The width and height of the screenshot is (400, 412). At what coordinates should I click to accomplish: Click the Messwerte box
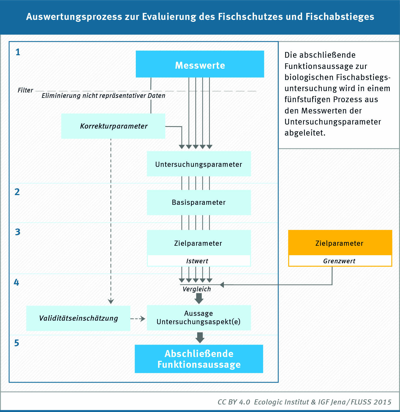(200, 64)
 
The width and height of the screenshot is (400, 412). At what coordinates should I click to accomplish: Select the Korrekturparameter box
(113, 126)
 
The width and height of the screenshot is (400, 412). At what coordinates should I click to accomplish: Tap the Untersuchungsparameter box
(199, 164)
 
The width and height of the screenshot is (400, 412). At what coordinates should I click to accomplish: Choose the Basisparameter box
(199, 202)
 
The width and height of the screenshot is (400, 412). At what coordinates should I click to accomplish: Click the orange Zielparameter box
(340, 243)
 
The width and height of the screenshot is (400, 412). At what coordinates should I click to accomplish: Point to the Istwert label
(197, 261)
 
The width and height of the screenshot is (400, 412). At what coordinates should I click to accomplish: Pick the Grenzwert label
(339, 261)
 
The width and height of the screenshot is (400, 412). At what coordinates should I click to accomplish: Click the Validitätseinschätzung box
(78, 318)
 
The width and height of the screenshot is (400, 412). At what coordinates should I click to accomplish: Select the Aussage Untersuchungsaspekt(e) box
(199, 318)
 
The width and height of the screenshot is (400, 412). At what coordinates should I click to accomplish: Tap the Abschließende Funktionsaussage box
(199, 359)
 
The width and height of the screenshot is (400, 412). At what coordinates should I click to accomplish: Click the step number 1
(18, 52)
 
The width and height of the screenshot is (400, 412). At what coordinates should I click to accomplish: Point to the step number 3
(18, 232)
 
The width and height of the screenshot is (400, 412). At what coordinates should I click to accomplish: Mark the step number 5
(17, 343)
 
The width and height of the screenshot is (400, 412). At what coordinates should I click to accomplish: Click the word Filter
(25, 90)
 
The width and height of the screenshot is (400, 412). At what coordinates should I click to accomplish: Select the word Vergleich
(197, 289)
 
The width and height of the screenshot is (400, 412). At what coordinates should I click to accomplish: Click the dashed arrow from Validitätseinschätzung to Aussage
(138, 319)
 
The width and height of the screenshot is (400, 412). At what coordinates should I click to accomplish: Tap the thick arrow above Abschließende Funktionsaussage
(200, 338)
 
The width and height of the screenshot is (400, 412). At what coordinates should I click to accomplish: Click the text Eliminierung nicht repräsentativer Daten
(103, 96)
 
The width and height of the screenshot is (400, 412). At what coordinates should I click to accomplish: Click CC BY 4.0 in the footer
(234, 402)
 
